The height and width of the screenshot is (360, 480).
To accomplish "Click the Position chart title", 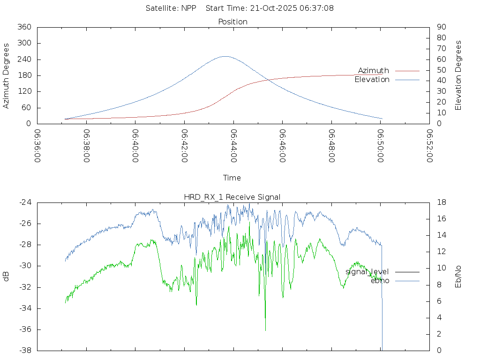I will click(x=233, y=22).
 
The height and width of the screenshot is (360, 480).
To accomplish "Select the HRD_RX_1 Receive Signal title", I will click(x=232, y=197).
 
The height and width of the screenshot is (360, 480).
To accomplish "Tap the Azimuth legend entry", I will click(x=374, y=71).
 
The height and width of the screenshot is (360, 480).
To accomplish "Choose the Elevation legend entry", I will click(x=372, y=80).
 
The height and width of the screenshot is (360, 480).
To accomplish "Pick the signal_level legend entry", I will click(x=367, y=272).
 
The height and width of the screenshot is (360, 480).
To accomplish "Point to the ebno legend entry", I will click(x=380, y=281).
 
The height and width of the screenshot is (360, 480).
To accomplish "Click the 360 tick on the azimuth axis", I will click(x=24, y=27).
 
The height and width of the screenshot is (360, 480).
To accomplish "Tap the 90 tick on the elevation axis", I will click(x=441, y=27).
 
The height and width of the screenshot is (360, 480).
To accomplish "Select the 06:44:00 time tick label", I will click(x=233, y=146).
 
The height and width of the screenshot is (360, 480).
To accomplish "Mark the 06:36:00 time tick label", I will click(x=37, y=146).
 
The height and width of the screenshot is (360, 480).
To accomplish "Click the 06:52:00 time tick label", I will click(x=429, y=146).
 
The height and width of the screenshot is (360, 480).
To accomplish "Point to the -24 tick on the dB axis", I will click(x=25, y=202).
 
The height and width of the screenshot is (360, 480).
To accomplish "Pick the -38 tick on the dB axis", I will click(x=25, y=350).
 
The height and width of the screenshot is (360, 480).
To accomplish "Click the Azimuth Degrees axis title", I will click(x=7, y=75).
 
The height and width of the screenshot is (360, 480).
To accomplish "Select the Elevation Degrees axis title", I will click(x=458, y=75).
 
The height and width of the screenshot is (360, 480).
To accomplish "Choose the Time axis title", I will click(x=232, y=178).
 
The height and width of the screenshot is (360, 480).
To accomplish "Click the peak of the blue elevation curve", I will click(x=225, y=56).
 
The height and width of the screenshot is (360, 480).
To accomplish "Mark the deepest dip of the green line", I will click(x=265, y=330).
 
